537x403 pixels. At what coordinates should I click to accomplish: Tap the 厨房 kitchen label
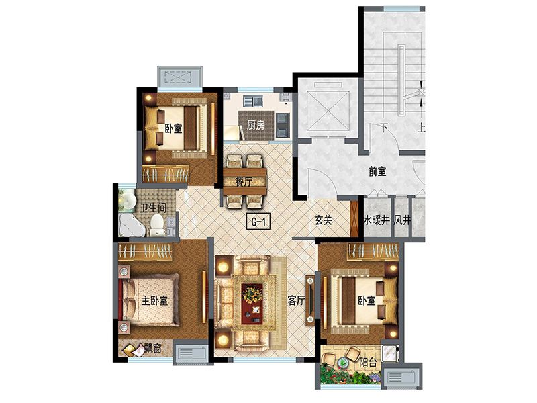coord(255,124)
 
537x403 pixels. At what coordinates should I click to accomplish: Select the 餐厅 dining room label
coord(244,181)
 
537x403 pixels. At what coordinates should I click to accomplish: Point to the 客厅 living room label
coord(296,300)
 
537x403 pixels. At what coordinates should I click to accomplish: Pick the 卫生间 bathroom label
coord(152,208)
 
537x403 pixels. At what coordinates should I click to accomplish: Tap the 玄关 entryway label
coord(324,220)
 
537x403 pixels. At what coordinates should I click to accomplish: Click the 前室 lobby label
coord(377,171)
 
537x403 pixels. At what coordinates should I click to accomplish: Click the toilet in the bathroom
coord(157,225)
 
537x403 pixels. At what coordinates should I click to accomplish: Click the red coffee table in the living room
coord(253,301)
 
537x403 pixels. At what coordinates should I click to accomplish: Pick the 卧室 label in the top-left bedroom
coord(173,128)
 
